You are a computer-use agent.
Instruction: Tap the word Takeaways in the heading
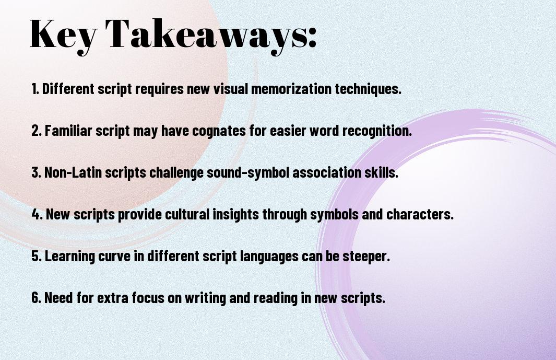(207, 35)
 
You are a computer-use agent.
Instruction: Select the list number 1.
(35, 89)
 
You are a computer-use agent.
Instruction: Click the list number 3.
(36, 172)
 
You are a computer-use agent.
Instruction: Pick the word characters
(420, 214)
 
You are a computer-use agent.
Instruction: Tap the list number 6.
(36, 298)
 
